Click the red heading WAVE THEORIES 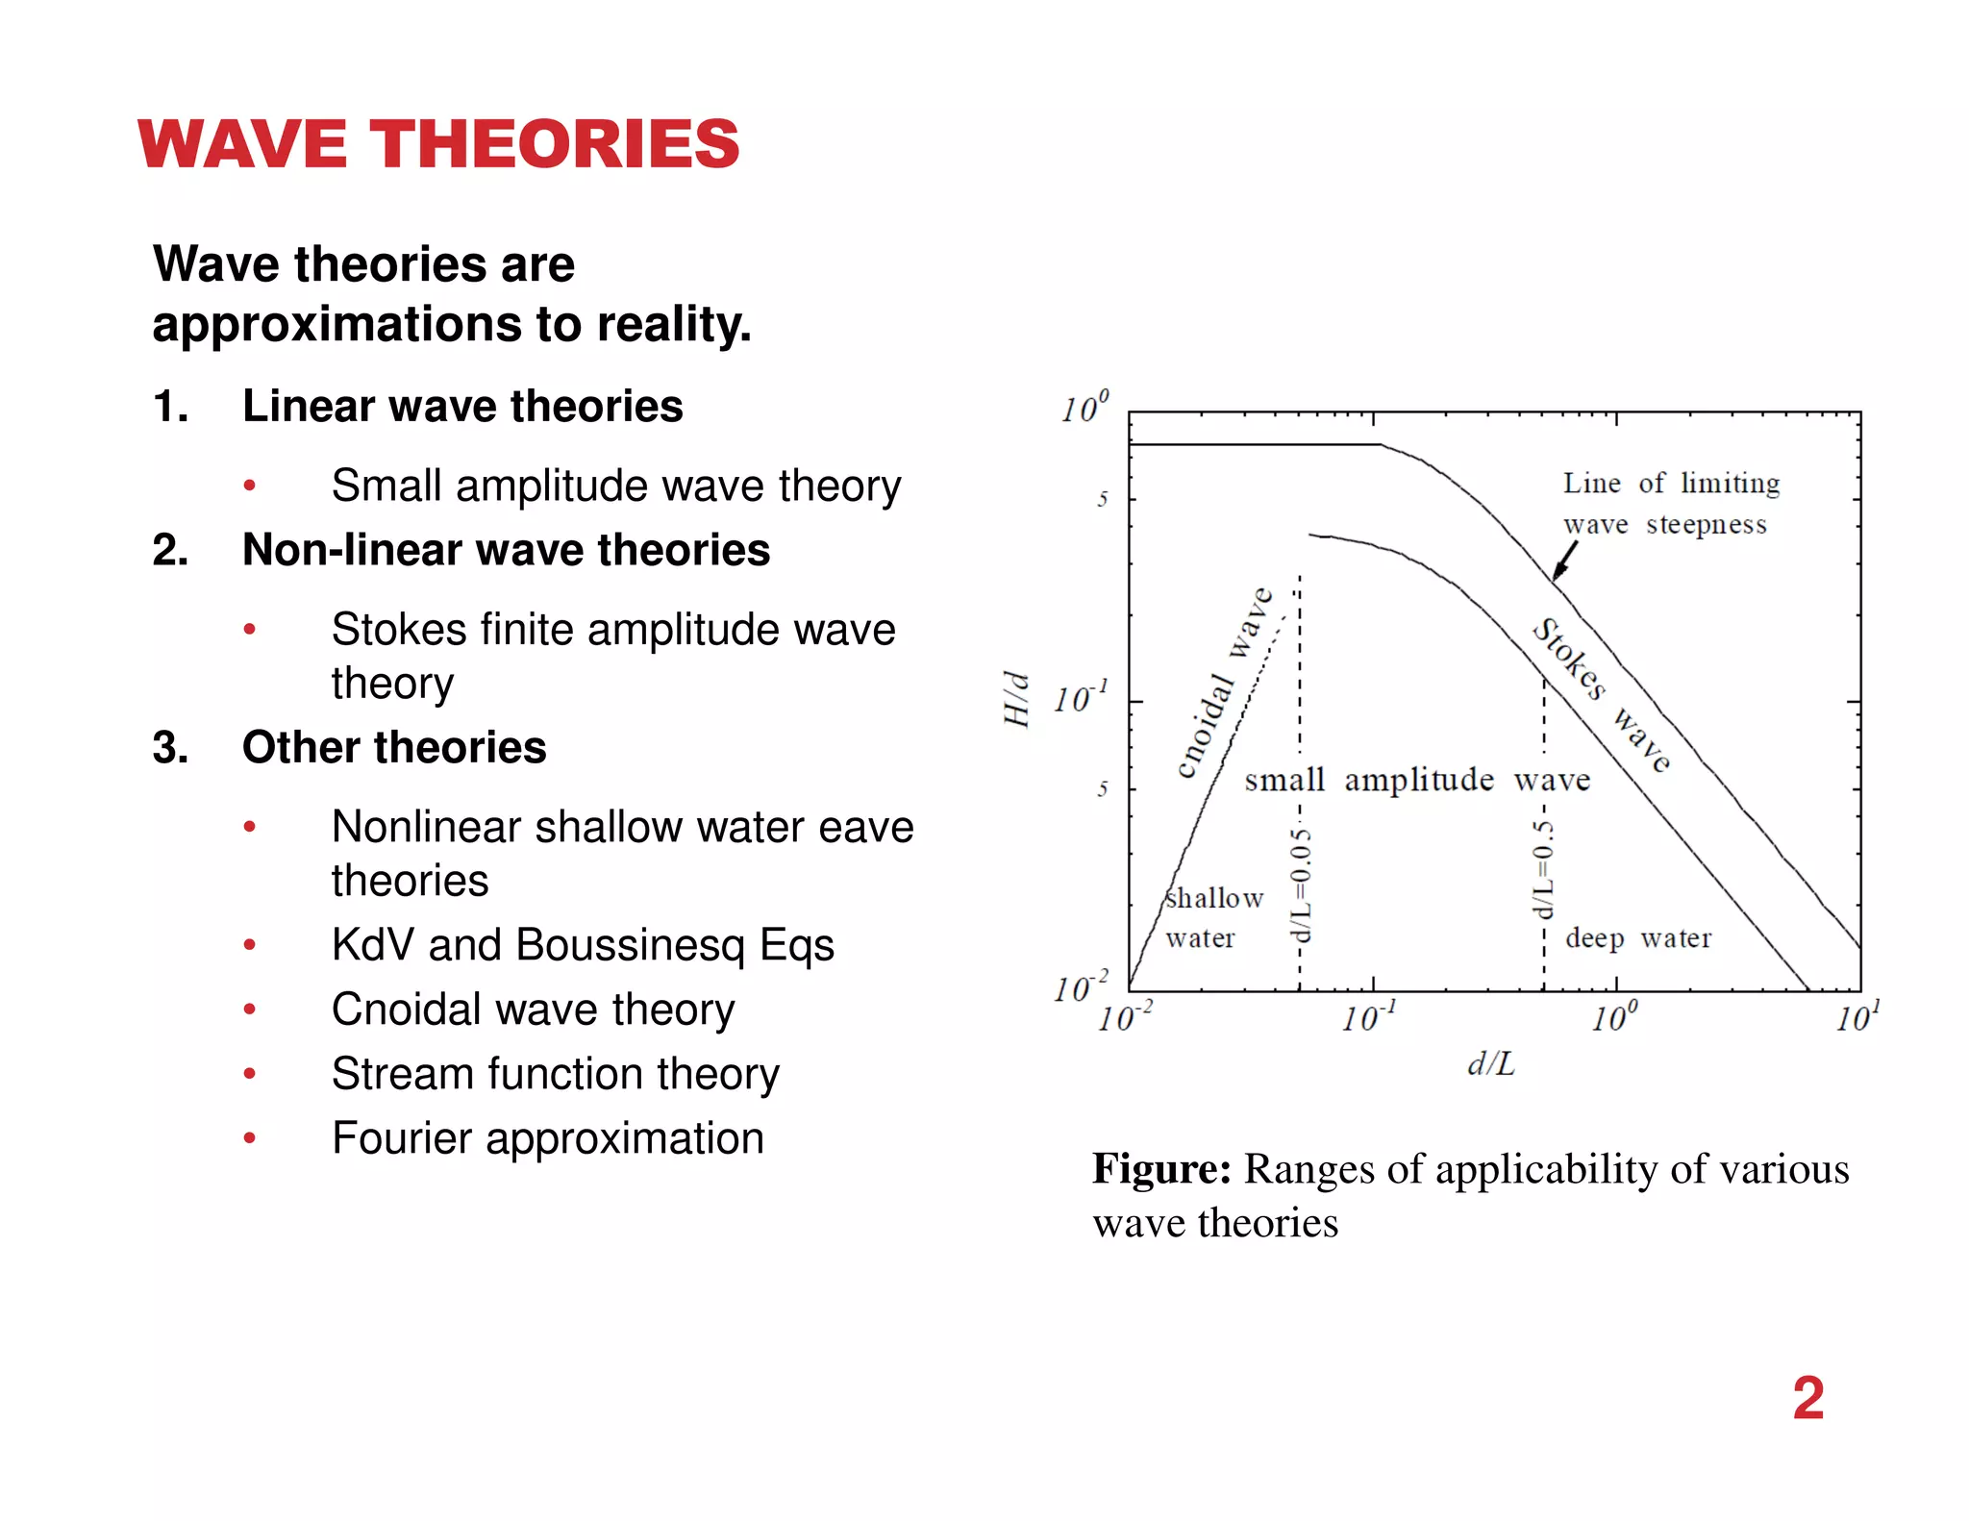click(438, 144)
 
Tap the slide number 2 click(1807, 1398)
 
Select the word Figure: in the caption click(1161, 1169)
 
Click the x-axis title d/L click(1491, 1064)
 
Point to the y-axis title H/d click(1016, 699)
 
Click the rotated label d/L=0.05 click(1300, 885)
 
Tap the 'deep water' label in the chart click(1638, 937)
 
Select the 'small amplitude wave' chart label click(1417, 780)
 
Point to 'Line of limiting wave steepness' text click(1670, 503)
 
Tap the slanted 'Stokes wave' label click(1601, 695)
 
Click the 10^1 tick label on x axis click(1857, 1017)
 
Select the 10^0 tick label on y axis click(1084, 409)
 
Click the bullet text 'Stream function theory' click(555, 1074)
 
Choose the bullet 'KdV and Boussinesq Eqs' click(583, 945)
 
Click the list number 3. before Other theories click(170, 748)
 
